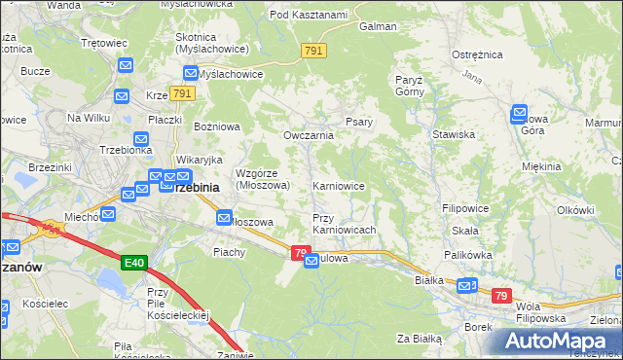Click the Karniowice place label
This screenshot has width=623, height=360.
click(339, 185)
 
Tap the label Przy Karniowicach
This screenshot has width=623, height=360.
click(343, 224)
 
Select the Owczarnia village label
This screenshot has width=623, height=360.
click(309, 135)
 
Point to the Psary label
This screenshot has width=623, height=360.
click(355, 123)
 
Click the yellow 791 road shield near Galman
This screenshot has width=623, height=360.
click(313, 51)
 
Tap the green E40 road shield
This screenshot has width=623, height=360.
click(134, 264)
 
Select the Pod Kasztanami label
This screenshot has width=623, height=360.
click(309, 15)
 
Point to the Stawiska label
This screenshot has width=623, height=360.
click(454, 134)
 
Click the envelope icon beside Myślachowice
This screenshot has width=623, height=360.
click(191, 73)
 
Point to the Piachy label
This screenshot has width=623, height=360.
click(230, 251)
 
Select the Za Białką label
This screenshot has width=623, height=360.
click(420, 339)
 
